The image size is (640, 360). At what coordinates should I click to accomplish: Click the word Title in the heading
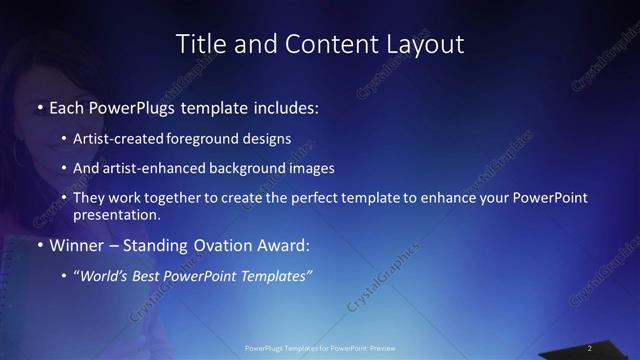pos(197,44)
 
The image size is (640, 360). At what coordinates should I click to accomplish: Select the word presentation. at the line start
pos(117,214)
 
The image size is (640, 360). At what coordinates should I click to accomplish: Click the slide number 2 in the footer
pos(590,347)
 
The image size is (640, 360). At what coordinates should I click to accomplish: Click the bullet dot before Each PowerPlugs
pos(39,106)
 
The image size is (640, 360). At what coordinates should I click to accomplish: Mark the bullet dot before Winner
pos(39,245)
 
